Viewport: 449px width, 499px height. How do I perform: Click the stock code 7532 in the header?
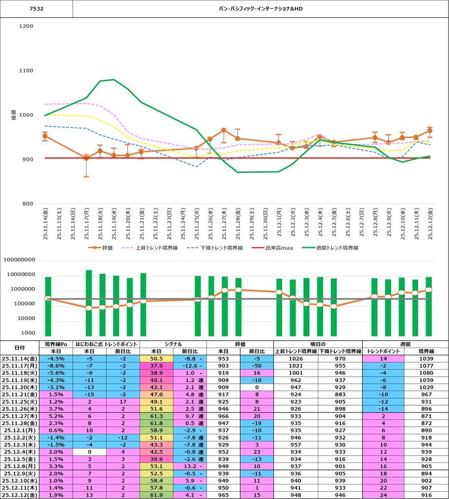pyautogui.click(x=36, y=8)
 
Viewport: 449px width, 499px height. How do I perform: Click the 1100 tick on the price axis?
pyautogui.click(x=26, y=71)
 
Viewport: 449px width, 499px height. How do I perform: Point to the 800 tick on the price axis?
pyautogui.click(x=26, y=204)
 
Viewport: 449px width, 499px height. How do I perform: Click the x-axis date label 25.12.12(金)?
pyautogui.click(x=430, y=223)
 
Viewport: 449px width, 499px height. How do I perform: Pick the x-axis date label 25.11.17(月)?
pyautogui.click(x=86, y=223)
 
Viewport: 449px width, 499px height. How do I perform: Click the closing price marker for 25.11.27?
pyautogui.click(x=224, y=130)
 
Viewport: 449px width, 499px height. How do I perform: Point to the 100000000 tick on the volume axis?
pyautogui.click(x=25, y=260)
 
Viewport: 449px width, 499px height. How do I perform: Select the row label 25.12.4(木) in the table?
pyautogui.click(x=20, y=452)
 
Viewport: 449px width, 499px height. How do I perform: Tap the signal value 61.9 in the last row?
pyautogui.click(x=156, y=495)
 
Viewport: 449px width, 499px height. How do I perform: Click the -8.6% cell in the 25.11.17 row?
pyautogui.click(x=55, y=366)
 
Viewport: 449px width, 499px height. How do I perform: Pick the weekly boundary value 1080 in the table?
pyautogui.click(x=426, y=373)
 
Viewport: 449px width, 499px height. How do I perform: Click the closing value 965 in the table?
pyautogui.click(x=223, y=495)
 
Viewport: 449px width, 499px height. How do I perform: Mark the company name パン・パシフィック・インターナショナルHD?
pyautogui.click(x=261, y=8)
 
